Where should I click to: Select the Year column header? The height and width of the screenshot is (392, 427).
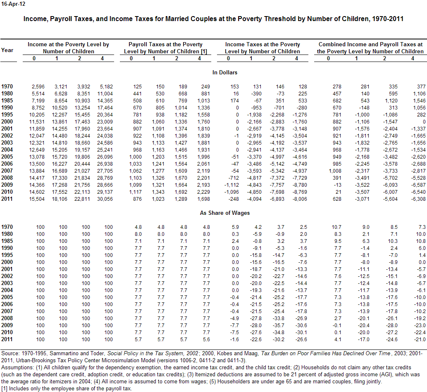[x=7, y=50]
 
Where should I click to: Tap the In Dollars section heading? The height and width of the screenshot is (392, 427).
[x=225, y=73]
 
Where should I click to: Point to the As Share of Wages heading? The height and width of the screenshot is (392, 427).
[x=225, y=213]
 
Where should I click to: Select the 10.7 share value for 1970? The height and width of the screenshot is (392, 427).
[x=336, y=227]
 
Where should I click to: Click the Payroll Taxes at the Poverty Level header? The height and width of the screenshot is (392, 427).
[x=165, y=48]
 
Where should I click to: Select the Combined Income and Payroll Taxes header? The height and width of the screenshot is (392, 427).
[x=370, y=48]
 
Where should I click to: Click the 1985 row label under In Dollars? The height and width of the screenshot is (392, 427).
[x=7, y=101]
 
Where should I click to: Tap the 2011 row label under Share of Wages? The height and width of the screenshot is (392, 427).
[x=7, y=340]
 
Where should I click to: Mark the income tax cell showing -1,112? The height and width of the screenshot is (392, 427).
[x=234, y=185]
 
